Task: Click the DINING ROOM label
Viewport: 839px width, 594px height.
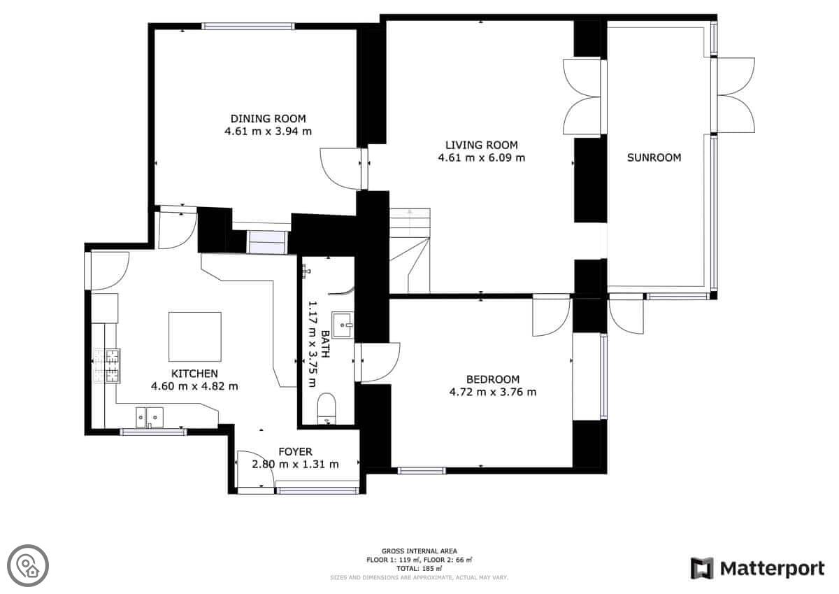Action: click(268, 119)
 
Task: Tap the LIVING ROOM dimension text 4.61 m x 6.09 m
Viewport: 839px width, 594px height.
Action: click(482, 158)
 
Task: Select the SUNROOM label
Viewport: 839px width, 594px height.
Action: click(654, 158)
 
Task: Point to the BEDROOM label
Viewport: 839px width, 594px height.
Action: click(493, 380)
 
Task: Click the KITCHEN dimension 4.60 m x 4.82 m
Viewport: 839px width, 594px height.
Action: click(194, 386)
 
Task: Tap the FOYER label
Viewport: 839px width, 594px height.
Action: click(296, 451)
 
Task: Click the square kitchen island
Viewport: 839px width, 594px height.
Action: click(195, 337)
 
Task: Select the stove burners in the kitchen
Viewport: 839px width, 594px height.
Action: click(107, 366)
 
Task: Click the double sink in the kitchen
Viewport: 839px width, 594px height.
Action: click(150, 417)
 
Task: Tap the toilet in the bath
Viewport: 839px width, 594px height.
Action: click(327, 408)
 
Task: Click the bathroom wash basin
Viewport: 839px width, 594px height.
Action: click(343, 325)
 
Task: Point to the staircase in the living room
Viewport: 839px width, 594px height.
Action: click(410, 250)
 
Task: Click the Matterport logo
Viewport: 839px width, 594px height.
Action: click(758, 569)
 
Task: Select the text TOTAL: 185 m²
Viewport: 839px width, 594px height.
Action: click(419, 569)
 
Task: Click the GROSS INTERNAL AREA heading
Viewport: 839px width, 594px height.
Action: click(419, 551)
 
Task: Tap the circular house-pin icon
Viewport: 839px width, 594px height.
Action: click(28, 566)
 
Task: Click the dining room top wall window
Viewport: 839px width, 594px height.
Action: click(248, 26)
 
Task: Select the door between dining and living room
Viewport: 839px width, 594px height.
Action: click(344, 169)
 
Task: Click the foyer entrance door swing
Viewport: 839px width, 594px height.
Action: click(256, 469)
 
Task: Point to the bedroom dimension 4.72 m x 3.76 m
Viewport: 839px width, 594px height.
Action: click(493, 393)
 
